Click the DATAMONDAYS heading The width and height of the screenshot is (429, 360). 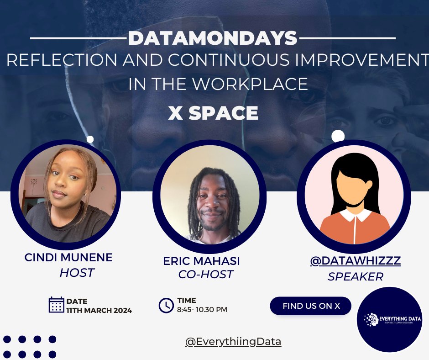(213, 39)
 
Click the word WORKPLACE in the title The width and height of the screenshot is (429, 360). (258, 85)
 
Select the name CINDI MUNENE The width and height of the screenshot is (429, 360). (68, 257)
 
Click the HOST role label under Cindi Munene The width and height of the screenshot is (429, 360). (77, 273)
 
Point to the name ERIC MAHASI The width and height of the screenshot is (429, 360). (201, 261)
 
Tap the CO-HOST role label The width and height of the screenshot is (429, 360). (205, 275)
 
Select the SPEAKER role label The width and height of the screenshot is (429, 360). (355, 276)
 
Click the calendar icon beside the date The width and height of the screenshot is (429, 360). (56, 305)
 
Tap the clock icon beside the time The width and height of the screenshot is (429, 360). (166, 305)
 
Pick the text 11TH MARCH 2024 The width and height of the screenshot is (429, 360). (99, 311)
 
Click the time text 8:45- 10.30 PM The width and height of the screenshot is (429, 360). (202, 310)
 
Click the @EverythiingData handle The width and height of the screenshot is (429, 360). (233, 342)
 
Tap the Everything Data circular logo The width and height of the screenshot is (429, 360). (389, 319)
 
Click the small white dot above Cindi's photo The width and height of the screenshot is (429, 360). (90, 139)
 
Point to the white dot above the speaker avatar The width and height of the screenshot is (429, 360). (338, 136)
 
